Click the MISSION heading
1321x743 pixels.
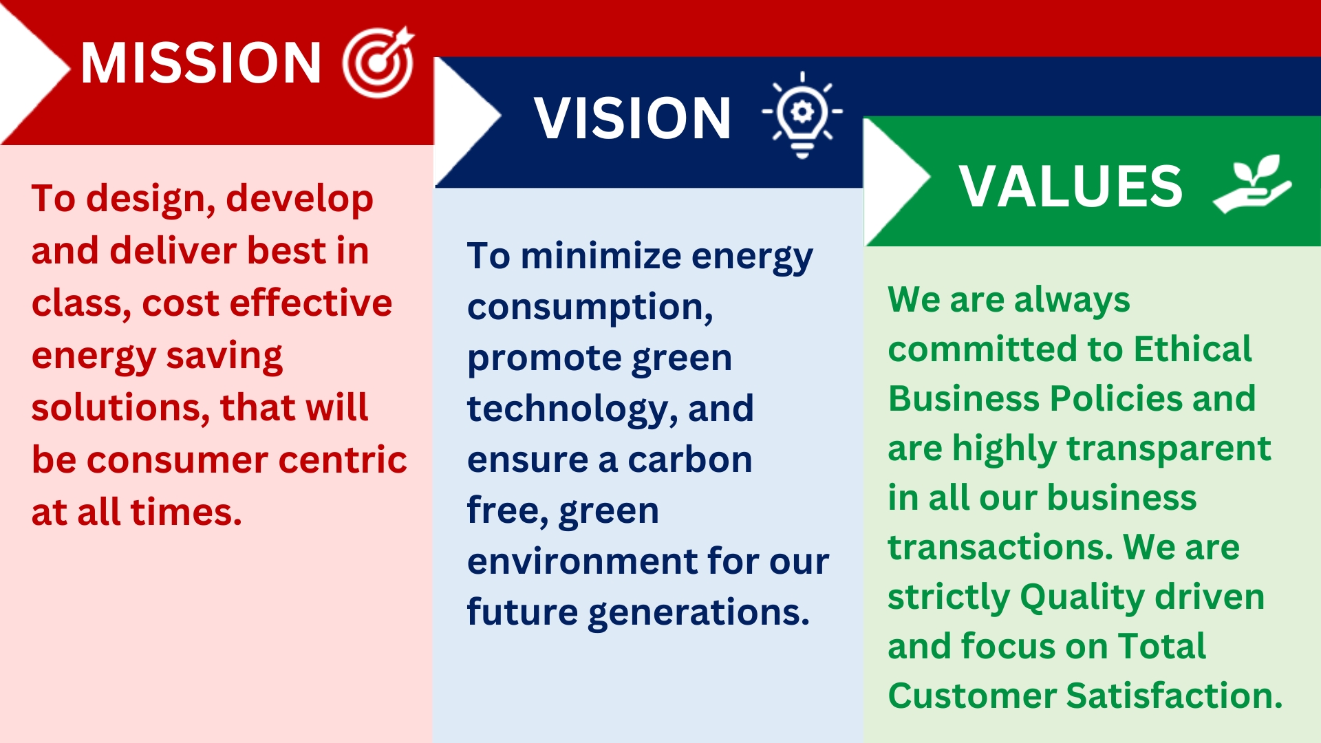coord(201,63)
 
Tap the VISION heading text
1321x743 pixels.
coord(632,118)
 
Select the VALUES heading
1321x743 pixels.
coord(1071,186)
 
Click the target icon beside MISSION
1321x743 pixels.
coord(378,62)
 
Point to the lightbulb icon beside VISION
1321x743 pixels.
coord(802,114)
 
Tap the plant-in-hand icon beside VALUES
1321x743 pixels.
coord(1252,184)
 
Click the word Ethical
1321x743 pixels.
coord(1192,349)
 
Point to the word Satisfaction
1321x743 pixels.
coord(1174,696)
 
